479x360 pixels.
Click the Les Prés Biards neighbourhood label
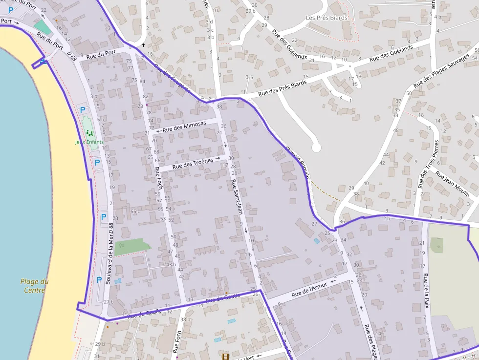tap(327, 18)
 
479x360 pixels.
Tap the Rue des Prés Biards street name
tap(283, 87)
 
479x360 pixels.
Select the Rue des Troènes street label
tap(193, 163)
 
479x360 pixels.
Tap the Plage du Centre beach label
tap(34, 286)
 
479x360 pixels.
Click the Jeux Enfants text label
tap(89, 142)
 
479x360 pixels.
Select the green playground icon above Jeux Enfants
tap(89, 133)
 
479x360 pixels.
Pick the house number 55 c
tap(135, 211)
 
